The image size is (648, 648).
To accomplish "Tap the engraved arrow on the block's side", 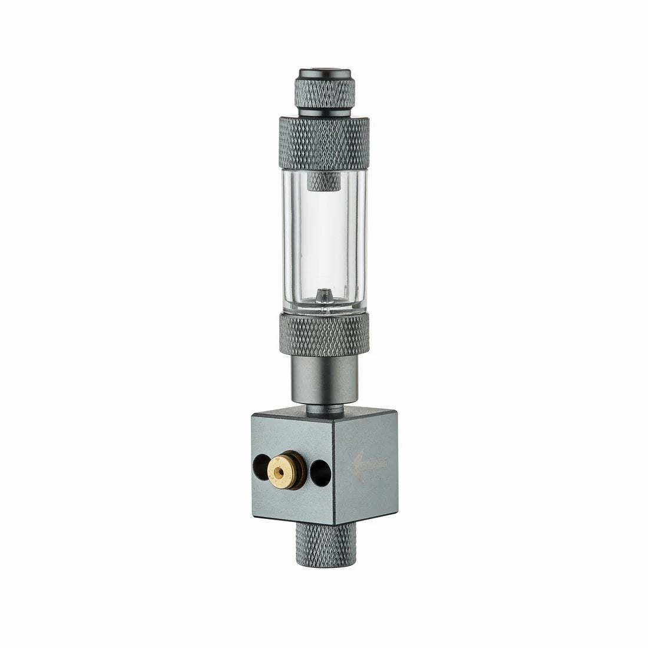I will click(x=369, y=465).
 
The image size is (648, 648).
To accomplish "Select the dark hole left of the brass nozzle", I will click(x=259, y=469).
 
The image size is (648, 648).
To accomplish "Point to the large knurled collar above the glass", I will click(x=324, y=143).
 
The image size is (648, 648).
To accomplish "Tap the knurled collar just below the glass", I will click(x=324, y=334).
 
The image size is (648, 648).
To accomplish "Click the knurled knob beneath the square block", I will click(x=326, y=545).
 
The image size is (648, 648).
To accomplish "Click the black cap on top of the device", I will click(x=325, y=73).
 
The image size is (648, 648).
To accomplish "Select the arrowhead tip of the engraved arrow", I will click(x=352, y=466).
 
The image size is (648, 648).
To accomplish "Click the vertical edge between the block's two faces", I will click(x=333, y=471).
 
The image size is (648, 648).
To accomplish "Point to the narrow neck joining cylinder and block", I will click(x=325, y=406).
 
